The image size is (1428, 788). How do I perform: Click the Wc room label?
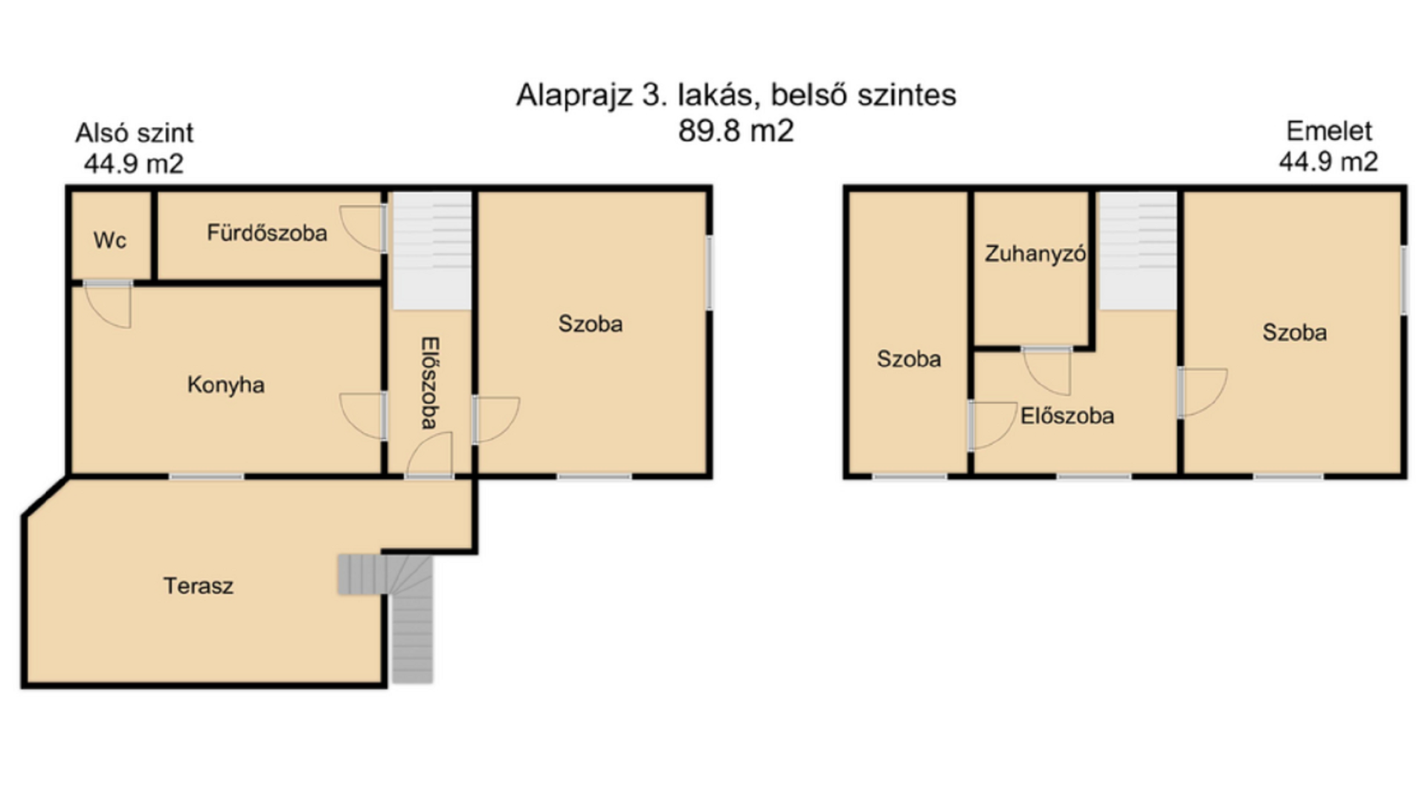click(x=109, y=240)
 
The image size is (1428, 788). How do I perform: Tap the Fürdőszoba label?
click(x=267, y=233)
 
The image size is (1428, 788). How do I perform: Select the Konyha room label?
click(x=225, y=385)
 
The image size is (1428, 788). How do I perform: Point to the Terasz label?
click(x=198, y=586)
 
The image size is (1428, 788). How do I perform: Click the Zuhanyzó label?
click(x=1035, y=254)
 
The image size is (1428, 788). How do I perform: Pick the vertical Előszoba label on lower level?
click(x=430, y=383)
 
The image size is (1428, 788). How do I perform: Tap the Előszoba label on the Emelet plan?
click(x=1067, y=415)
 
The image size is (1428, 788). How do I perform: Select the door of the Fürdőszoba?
click(x=363, y=228)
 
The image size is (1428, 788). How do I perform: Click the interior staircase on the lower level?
click(x=432, y=251)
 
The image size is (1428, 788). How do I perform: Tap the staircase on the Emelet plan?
click(x=1138, y=251)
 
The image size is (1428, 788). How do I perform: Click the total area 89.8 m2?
click(x=736, y=131)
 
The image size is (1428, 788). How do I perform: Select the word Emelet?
click(x=1329, y=131)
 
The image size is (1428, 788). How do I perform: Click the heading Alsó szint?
click(x=134, y=133)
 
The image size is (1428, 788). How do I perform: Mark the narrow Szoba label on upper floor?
click(x=909, y=359)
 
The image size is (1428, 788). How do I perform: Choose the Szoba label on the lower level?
click(x=591, y=324)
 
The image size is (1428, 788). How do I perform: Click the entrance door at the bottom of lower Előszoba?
click(x=429, y=455)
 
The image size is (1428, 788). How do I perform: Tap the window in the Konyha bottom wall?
click(x=207, y=476)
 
